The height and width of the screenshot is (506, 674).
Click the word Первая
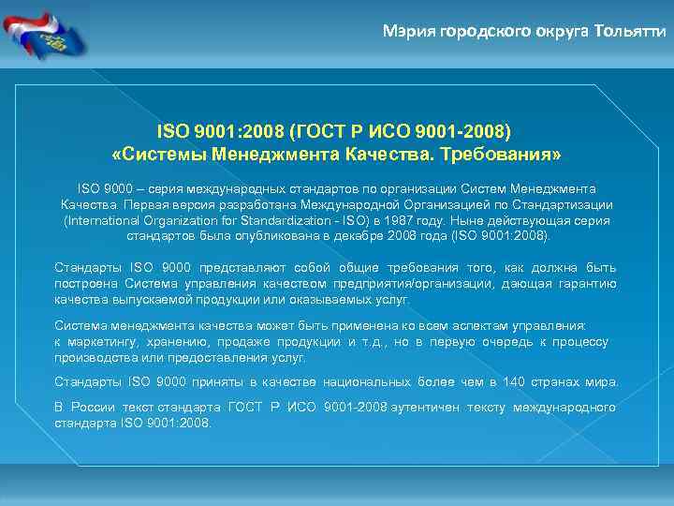[151, 204]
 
